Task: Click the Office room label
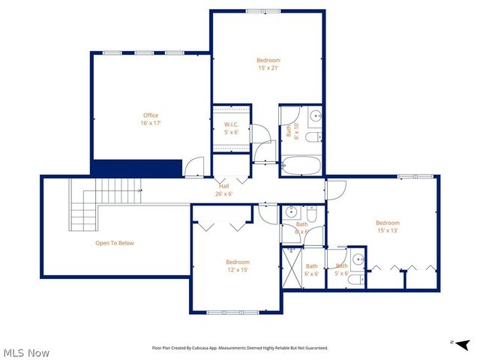(x=151, y=119)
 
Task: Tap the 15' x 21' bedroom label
(x=268, y=64)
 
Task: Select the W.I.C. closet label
(x=231, y=128)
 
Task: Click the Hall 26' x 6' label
(x=223, y=190)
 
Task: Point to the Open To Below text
(x=114, y=243)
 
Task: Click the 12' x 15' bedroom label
(x=237, y=266)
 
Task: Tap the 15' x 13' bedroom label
(x=387, y=226)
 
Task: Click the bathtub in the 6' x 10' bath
(x=301, y=166)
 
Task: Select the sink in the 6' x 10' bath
(x=316, y=116)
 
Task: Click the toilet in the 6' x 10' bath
(x=315, y=136)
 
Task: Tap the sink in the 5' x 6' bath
(x=359, y=260)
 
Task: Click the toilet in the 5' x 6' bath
(x=357, y=280)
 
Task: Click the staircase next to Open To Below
(x=105, y=202)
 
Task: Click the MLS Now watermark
(x=26, y=352)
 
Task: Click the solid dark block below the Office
(x=136, y=168)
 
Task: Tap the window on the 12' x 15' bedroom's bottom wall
(x=235, y=312)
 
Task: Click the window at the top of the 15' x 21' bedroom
(x=264, y=11)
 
